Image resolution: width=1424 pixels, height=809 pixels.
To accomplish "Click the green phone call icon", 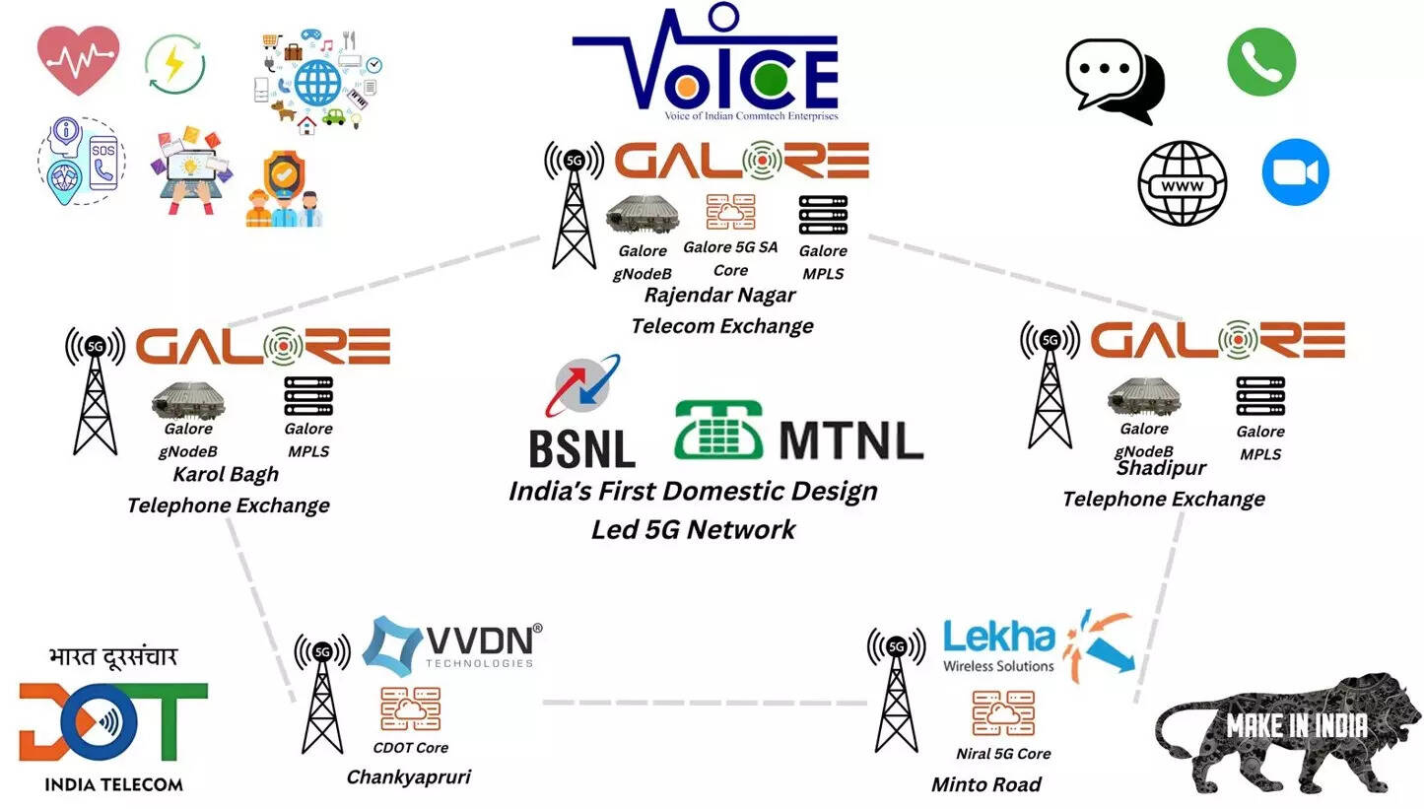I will point(1260,61).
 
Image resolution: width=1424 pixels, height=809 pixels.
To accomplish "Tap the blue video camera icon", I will point(1295,172).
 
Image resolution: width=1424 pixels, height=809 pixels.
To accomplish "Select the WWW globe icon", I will point(1183,183).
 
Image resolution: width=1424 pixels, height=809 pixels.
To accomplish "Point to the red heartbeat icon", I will point(79,59).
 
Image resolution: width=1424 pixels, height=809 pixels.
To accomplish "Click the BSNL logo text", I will point(582,447).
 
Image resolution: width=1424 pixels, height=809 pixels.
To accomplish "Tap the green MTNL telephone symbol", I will point(720,430).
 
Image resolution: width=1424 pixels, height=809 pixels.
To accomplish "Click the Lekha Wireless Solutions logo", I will point(1035,645).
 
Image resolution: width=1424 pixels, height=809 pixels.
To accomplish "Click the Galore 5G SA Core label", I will point(730,257).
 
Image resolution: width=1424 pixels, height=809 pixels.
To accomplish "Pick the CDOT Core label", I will point(410,747).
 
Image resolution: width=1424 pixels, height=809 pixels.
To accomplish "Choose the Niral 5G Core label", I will point(1003,754).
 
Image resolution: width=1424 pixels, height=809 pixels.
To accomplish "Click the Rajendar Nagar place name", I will point(719,295).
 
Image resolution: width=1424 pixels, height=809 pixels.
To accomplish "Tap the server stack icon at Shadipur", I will point(1260,395).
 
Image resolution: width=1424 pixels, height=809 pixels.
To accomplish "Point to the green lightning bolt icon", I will point(174,65).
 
